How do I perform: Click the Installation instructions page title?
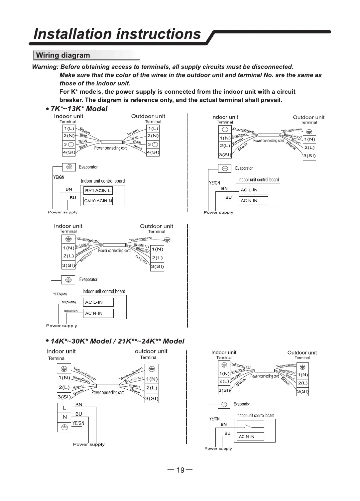click(x=118, y=34)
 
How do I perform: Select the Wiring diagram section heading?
click(x=63, y=55)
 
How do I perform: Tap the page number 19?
click(x=180, y=470)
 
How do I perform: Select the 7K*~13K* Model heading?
click(x=79, y=109)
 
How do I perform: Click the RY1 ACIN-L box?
click(x=98, y=190)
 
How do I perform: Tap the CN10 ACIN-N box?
click(x=98, y=201)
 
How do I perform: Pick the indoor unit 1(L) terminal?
click(x=69, y=128)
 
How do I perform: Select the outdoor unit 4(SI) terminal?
click(x=153, y=152)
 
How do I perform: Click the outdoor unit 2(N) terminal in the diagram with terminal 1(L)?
click(x=153, y=136)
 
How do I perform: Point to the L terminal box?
click(x=64, y=408)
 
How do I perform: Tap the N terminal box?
click(x=64, y=417)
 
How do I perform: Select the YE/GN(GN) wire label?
click(x=60, y=294)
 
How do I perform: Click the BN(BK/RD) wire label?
click(x=69, y=302)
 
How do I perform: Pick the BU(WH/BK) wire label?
click(x=71, y=311)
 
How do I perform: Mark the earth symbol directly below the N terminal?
click(x=64, y=427)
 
